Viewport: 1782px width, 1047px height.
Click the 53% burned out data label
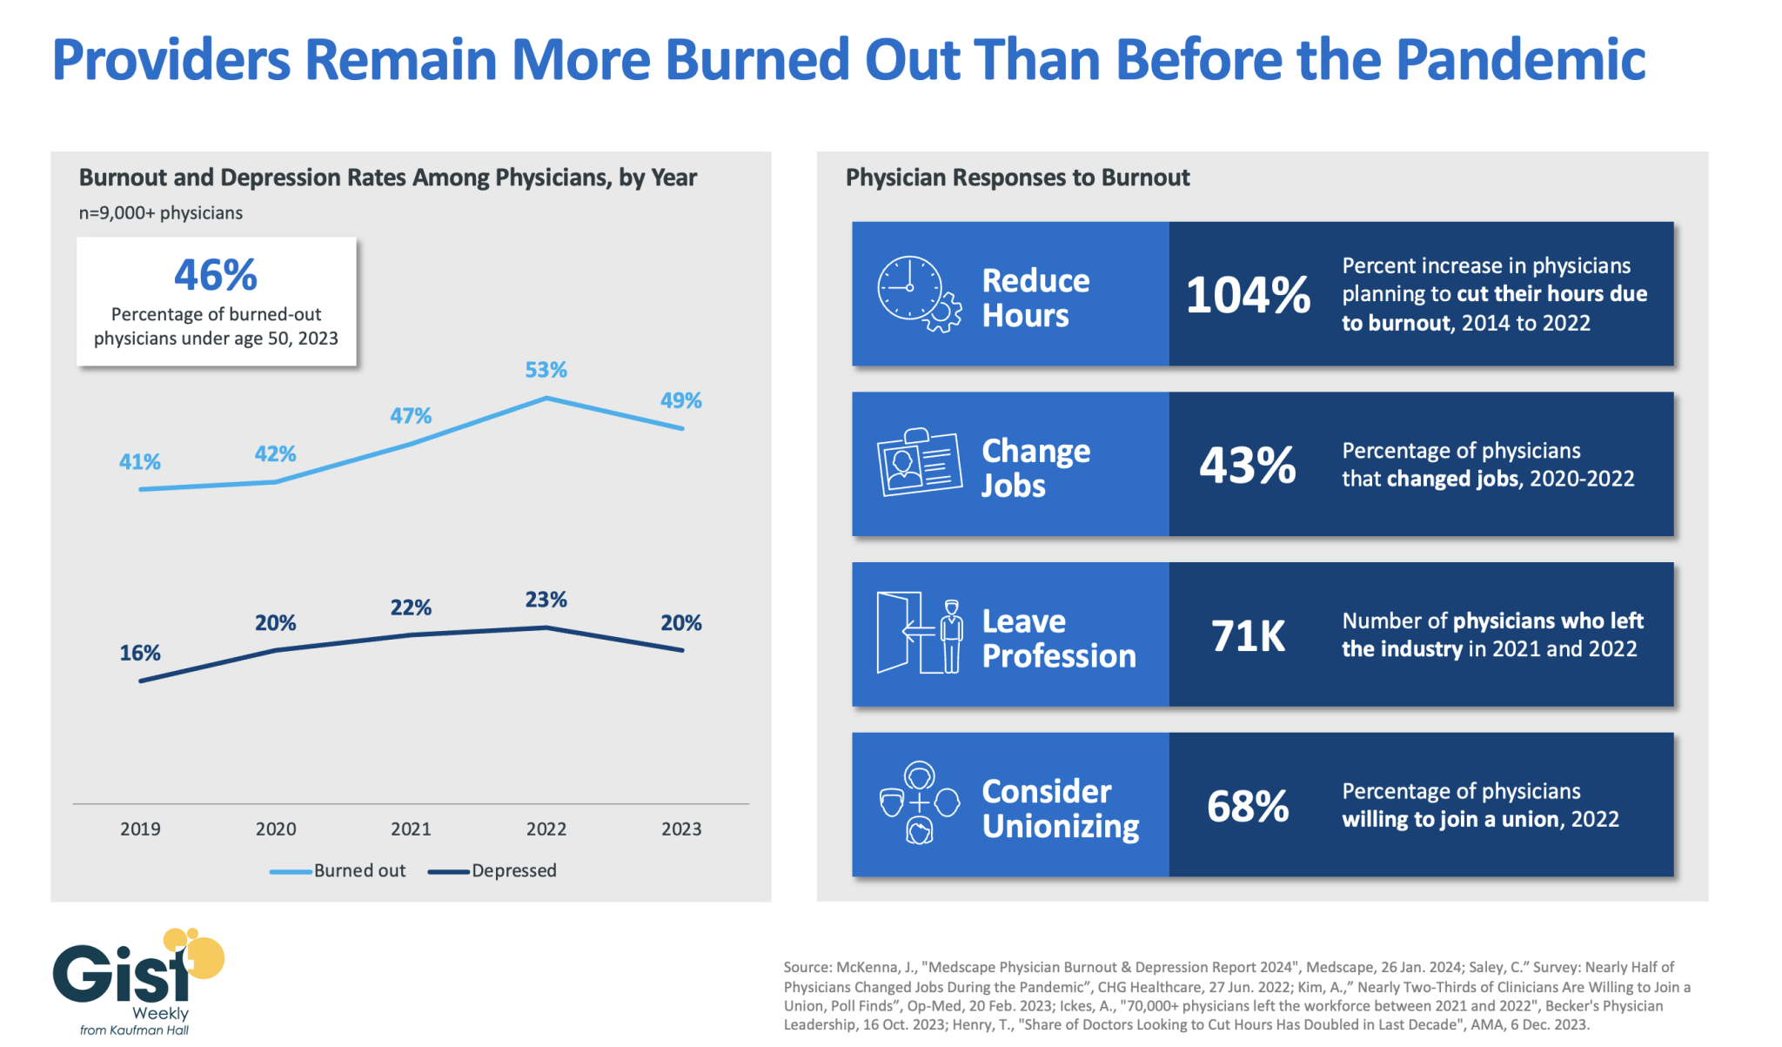[546, 370]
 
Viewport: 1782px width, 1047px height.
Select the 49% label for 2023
[680, 400]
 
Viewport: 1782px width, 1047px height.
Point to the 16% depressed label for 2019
[140, 653]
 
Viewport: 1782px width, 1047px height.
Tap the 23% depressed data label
[546, 600]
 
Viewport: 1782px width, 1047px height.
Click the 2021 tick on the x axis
[411, 829]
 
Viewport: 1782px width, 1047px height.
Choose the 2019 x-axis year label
[140, 829]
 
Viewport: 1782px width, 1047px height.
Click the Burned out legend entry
[338, 870]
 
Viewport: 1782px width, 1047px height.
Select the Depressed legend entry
[492, 870]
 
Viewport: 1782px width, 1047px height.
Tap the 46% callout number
[216, 275]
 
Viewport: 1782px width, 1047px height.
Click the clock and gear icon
[919, 294]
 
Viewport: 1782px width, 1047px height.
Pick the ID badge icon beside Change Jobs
[919, 462]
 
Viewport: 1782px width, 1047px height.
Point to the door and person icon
[919, 634]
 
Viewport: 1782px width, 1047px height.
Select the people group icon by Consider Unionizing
[919, 802]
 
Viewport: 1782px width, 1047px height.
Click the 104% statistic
[1248, 294]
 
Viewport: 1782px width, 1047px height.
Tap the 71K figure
[1248, 635]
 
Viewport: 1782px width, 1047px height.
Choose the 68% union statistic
[1248, 806]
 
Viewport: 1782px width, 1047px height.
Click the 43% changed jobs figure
[1248, 465]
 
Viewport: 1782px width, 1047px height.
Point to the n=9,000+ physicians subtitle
[161, 213]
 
